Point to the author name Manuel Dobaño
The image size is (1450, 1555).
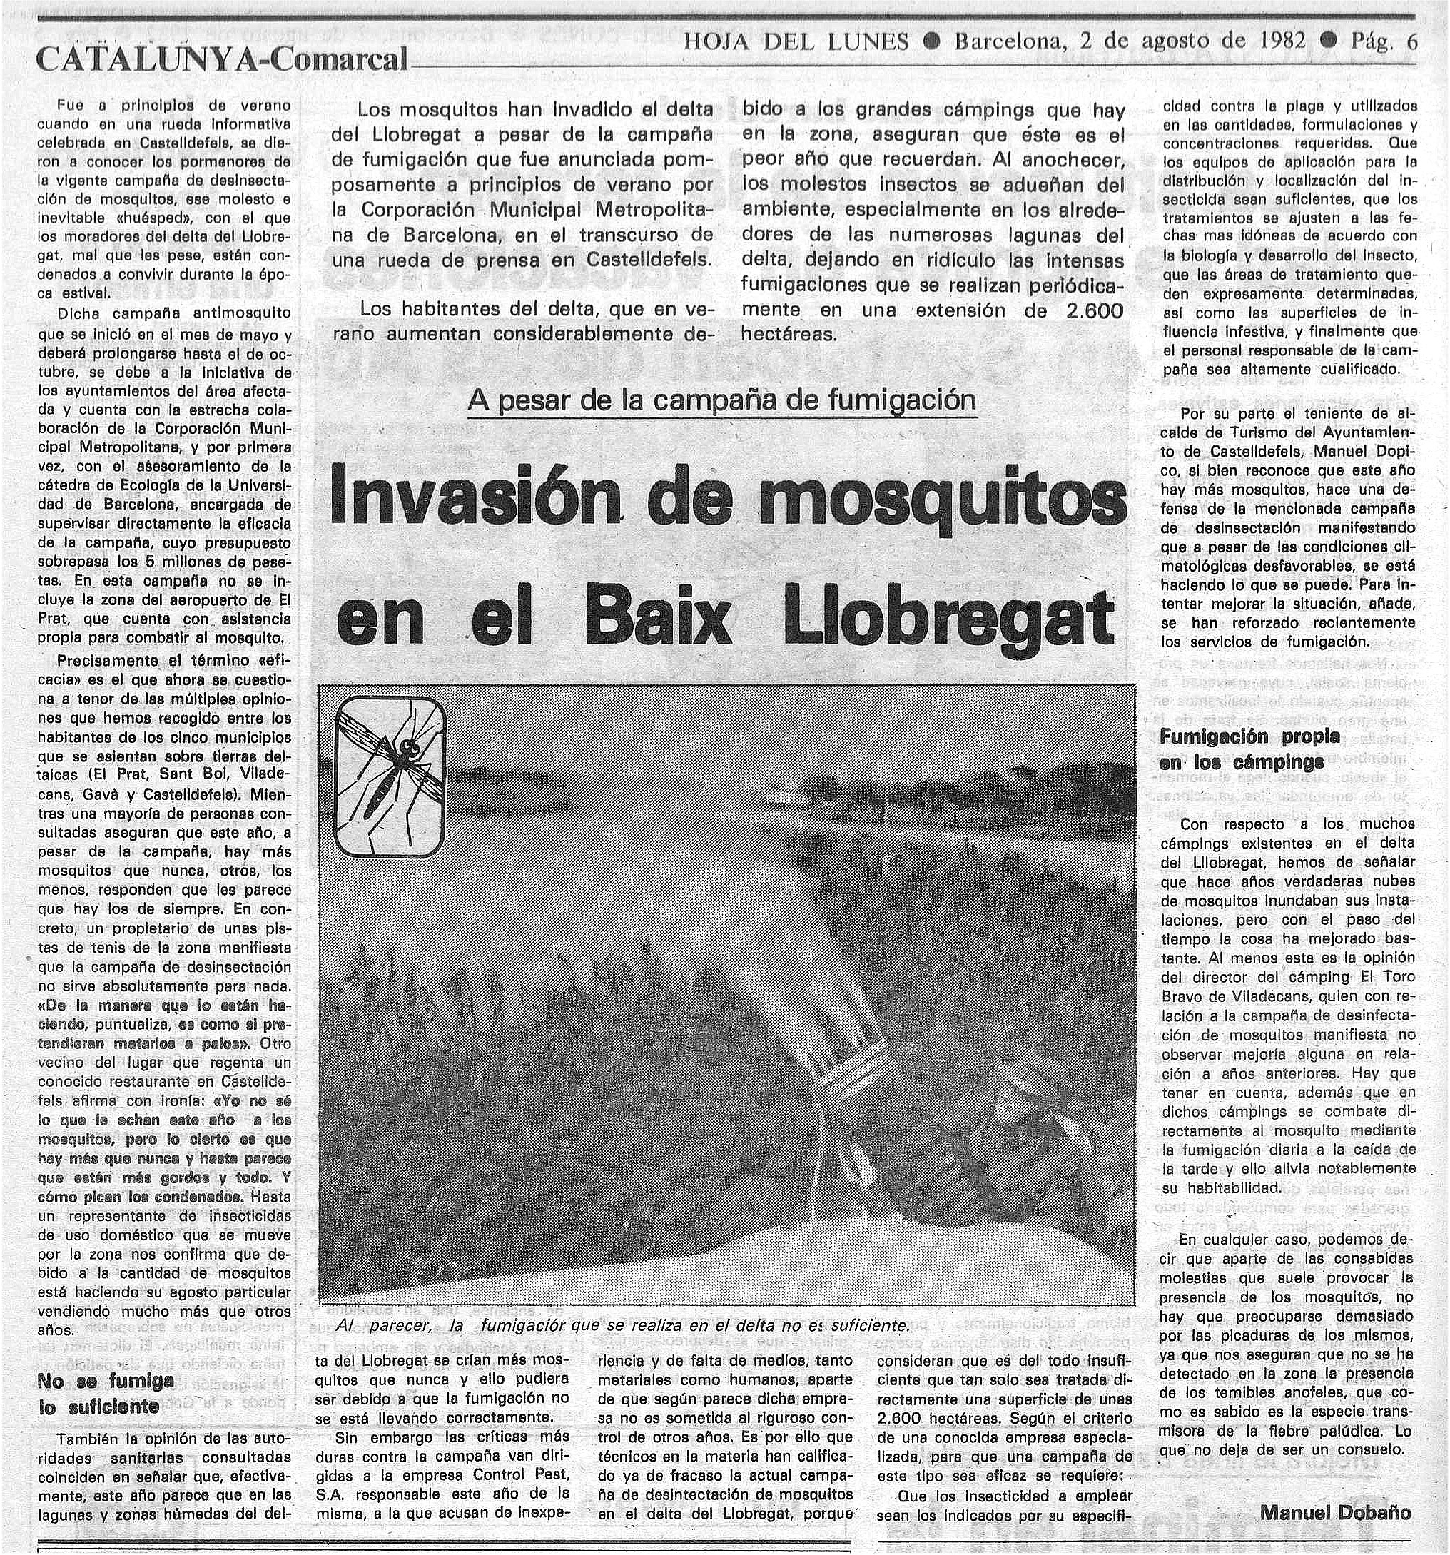1336,1512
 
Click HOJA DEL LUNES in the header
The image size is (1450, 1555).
796,41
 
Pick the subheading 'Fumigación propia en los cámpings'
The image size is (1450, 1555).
1249,749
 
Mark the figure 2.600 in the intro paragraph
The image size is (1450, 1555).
1094,310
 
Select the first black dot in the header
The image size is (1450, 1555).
931,41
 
